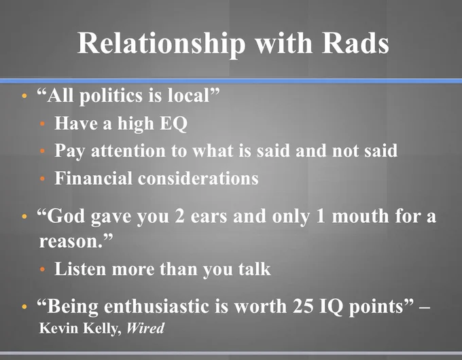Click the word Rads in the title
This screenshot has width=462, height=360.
coord(355,43)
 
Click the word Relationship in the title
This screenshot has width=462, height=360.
coord(161,44)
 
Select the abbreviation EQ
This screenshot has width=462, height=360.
coord(173,124)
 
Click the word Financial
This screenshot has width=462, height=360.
coord(93,178)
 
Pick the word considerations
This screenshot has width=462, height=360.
coord(198,178)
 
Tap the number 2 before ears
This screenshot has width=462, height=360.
coord(179,216)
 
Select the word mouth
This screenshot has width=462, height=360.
coord(360,216)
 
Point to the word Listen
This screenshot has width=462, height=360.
coord(80,269)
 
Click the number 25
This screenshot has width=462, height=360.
coord(303,306)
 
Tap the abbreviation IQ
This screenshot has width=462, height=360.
coord(331,307)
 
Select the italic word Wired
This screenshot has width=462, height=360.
coord(145,328)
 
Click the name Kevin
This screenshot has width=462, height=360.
coord(58,328)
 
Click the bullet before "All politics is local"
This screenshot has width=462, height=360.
coord(24,96)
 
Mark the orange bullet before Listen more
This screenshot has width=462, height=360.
coord(42,269)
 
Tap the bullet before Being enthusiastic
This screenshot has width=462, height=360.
coord(24,306)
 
